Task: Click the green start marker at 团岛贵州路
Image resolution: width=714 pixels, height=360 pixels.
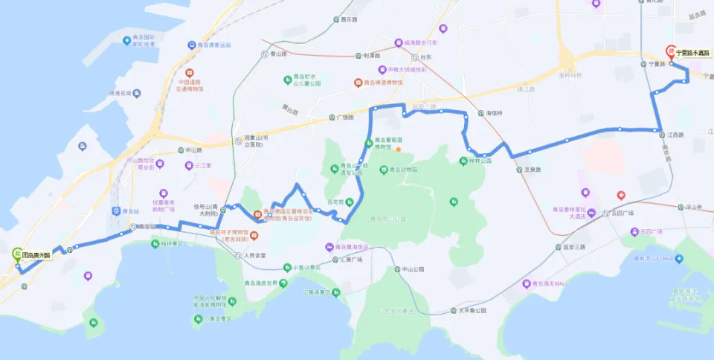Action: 16,253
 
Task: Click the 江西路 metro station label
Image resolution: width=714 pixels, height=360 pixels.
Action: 675,135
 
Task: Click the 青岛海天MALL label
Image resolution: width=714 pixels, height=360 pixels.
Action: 550,283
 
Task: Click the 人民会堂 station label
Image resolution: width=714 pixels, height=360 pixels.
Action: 255,256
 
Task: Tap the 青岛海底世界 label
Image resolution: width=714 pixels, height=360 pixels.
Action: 261,283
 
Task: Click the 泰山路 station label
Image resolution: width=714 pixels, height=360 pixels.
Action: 277,54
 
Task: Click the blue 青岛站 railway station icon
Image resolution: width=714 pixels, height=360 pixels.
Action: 116,210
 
